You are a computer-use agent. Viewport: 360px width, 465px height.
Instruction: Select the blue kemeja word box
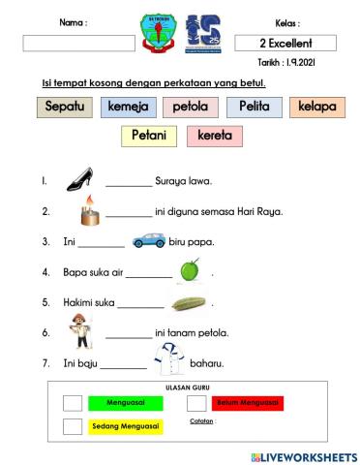[128, 107]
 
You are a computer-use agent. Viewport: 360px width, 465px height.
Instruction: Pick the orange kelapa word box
[317, 107]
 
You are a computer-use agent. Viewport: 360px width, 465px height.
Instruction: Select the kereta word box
[215, 136]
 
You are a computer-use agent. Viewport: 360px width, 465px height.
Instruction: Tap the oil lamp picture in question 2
[91, 208]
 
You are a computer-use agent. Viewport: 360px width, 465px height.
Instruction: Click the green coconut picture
[190, 272]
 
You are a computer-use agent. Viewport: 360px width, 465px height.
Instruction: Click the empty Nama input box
[78, 44]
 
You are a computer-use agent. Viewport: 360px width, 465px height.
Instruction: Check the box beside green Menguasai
[73, 403]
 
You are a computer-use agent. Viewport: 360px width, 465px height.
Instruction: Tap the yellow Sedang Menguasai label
[127, 426]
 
